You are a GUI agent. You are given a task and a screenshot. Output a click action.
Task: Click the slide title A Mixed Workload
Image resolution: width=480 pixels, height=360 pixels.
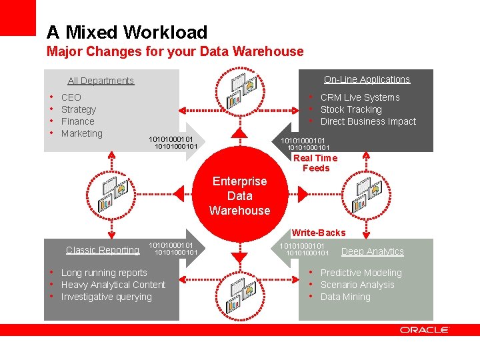click(127, 32)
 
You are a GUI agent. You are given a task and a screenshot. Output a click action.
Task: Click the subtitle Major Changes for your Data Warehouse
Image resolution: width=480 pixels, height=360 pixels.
click(175, 51)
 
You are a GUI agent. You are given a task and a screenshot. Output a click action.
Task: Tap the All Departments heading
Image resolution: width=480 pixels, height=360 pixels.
click(101, 81)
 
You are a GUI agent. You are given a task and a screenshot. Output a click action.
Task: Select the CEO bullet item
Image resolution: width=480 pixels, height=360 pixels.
click(71, 97)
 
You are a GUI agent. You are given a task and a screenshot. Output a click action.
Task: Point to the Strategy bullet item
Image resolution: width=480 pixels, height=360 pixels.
click(78, 109)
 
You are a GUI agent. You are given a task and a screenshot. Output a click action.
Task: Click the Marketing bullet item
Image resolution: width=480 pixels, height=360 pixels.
click(81, 133)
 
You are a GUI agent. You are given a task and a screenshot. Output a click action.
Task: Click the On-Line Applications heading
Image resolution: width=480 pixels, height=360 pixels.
click(367, 79)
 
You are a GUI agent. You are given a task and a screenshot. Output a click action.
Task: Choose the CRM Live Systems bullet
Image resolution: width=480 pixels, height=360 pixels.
click(360, 97)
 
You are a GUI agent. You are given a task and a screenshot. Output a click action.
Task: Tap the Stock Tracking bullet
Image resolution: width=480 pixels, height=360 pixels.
click(351, 109)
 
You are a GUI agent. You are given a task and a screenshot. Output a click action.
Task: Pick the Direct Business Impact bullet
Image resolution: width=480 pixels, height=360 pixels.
click(368, 121)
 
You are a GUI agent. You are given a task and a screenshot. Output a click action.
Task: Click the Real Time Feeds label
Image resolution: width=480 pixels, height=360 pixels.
click(315, 163)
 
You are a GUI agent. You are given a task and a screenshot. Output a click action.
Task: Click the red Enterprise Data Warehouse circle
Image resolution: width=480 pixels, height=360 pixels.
click(239, 196)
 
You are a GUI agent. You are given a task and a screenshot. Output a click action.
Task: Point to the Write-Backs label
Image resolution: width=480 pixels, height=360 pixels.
click(319, 233)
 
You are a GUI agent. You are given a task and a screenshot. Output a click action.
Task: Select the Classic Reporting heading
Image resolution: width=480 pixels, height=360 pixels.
click(103, 250)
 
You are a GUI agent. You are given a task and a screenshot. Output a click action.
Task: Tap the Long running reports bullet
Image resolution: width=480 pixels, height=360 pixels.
click(104, 273)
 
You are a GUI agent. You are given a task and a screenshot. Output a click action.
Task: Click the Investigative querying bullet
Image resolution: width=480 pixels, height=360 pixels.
click(106, 297)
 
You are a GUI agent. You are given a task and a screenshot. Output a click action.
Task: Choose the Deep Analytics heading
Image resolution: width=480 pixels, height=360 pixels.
click(373, 251)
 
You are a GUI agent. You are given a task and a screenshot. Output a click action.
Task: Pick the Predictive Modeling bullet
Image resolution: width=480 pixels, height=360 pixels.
click(361, 273)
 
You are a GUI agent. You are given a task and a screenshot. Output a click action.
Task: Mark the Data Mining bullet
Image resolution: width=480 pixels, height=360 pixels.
click(345, 297)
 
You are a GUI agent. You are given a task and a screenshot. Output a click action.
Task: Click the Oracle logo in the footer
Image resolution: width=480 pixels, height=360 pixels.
click(424, 330)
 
